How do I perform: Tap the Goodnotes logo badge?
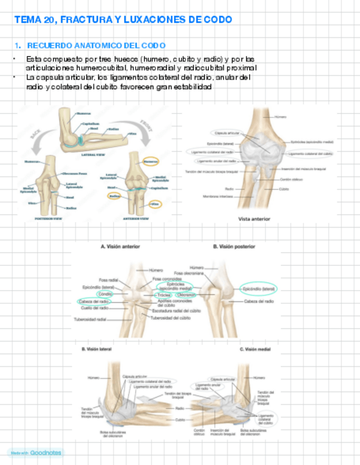35,453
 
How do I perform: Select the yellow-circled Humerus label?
149,161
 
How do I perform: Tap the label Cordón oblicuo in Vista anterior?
290,179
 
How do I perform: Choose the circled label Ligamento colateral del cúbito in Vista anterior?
311,154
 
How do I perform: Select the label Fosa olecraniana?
187,273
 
